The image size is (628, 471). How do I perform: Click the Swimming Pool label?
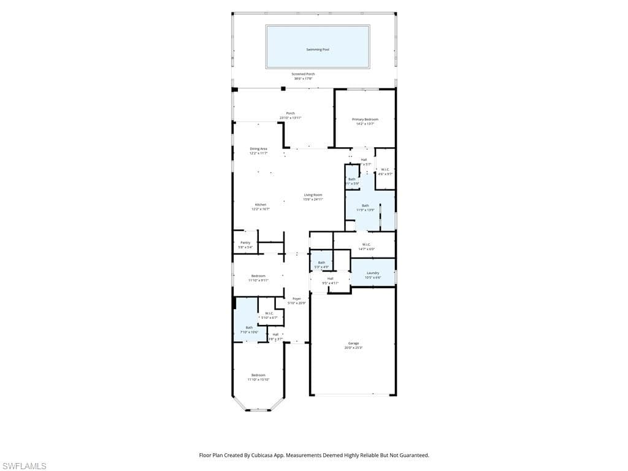(x=318, y=49)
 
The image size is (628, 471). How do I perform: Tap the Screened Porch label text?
(x=303, y=74)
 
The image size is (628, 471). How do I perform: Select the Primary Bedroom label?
(x=365, y=120)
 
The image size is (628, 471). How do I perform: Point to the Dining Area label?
(x=258, y=149)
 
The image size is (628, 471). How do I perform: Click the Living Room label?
(x=313, y=195)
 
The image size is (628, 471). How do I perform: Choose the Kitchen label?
(x=261, y=205)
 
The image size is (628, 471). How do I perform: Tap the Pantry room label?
(x=245, y=243)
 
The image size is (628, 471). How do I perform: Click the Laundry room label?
(x=373, y=273)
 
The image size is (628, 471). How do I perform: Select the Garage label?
(x=353, y=343)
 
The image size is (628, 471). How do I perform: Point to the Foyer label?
(x=296, y=299)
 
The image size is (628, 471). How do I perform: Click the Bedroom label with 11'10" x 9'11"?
(x=258, y=276)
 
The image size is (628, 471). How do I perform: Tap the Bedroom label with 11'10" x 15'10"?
(x=258, y=375)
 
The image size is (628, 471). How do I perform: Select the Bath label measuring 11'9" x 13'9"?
(x=366, y=206)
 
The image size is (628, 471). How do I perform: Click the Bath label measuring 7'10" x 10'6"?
(x=249, y=327)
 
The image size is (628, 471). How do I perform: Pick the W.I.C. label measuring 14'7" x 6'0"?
(x=366, y=245)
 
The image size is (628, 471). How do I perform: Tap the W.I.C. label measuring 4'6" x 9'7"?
(x=385, y=170)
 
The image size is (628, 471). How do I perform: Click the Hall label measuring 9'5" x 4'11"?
(x=330, y=279)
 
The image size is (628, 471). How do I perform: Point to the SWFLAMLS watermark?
(x=23, y=466)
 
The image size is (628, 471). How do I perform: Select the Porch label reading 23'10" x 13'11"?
(x=291, y=113)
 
